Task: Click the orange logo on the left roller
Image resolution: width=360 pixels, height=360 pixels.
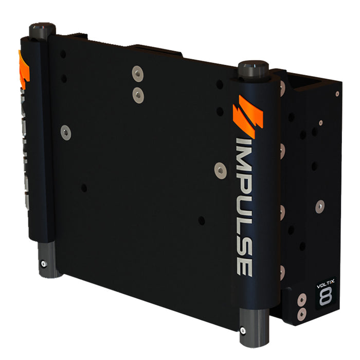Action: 23,69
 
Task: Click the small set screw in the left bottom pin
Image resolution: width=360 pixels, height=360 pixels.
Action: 44,264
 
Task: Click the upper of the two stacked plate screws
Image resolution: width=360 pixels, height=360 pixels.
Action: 137,73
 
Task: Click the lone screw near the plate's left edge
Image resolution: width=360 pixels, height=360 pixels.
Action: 66,133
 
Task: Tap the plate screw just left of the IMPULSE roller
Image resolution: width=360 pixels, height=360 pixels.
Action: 220,169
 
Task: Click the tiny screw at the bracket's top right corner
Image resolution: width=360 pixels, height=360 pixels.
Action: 337,94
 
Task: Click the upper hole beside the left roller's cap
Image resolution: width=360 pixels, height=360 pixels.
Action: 62,53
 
